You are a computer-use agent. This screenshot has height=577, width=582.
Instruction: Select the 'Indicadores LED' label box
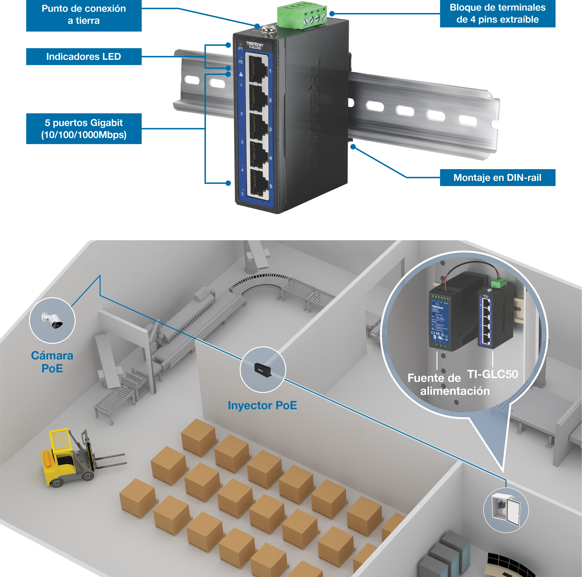(84, 57)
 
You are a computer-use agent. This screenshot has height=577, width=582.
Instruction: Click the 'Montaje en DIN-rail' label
(497, 178)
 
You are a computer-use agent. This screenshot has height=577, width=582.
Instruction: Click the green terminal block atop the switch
(302, 16)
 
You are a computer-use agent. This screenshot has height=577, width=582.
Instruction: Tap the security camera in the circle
(53, 320)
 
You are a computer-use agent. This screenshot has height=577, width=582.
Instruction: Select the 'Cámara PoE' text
(52, 362)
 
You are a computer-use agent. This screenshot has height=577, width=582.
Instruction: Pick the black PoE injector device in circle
(262, 369)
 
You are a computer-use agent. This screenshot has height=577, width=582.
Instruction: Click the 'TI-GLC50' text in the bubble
(492, 374)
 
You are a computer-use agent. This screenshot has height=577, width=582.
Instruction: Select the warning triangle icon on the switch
(241, 74)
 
